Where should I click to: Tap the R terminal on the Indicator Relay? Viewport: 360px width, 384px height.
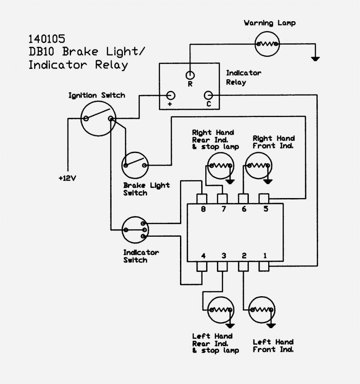click(x=190, y=75)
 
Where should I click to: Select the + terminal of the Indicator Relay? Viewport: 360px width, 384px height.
click(x=171, y=95)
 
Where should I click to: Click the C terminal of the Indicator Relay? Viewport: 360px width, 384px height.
click(x=208, y=95)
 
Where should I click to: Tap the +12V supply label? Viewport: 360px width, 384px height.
click(x=67, y=178)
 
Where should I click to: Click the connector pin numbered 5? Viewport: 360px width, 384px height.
click(x=264, y=199)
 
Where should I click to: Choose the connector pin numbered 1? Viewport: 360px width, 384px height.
click(x=264, y=267)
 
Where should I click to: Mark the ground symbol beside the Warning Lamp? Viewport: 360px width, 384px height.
click(x=315, y=58)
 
